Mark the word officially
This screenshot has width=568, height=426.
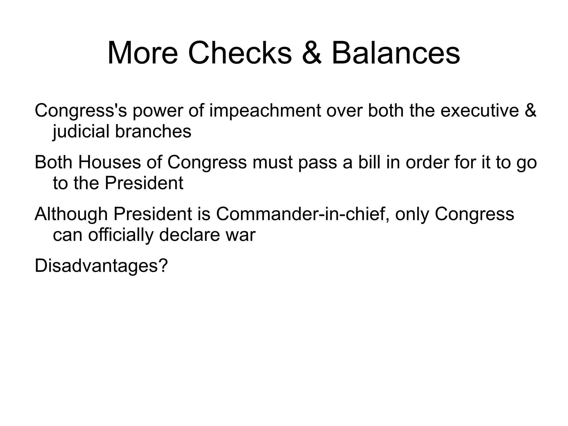pyautogui.click(x=121, y=235)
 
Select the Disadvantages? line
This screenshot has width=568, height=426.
pyautogui.click(x=101, y=266)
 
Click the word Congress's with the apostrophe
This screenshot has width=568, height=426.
pyautogui.click(x=81, y=110)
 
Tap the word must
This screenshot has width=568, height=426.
pyautogui.click(x=272, y=162)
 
